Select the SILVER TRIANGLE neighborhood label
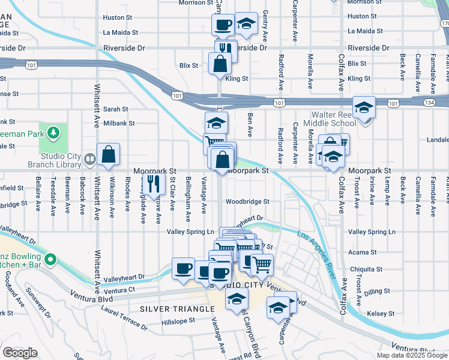[177, 308]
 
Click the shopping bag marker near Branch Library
[108, 154]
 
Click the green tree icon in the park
[54, 131]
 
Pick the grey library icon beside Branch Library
[89, 159]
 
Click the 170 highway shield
[444, 23]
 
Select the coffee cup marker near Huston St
[223, 25]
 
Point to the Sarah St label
[116, 109]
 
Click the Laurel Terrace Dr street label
[125, 319]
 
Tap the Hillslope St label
[179, 321]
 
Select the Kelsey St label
[381, 313]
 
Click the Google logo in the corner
[20, 353]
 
